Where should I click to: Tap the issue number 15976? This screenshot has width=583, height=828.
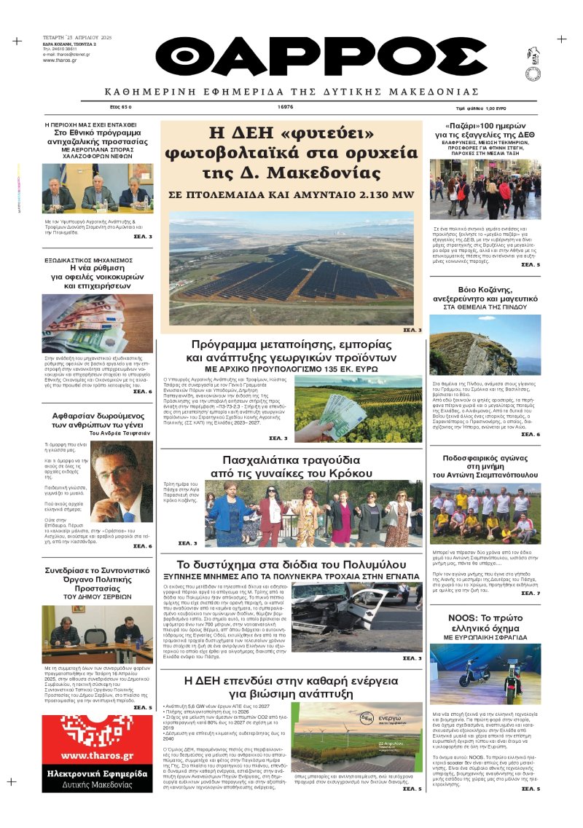[286, 107]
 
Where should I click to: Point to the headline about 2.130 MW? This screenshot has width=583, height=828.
[291, 195]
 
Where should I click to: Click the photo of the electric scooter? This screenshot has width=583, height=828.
[485, 674]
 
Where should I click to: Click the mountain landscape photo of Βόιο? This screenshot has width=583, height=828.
[485, 344]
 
